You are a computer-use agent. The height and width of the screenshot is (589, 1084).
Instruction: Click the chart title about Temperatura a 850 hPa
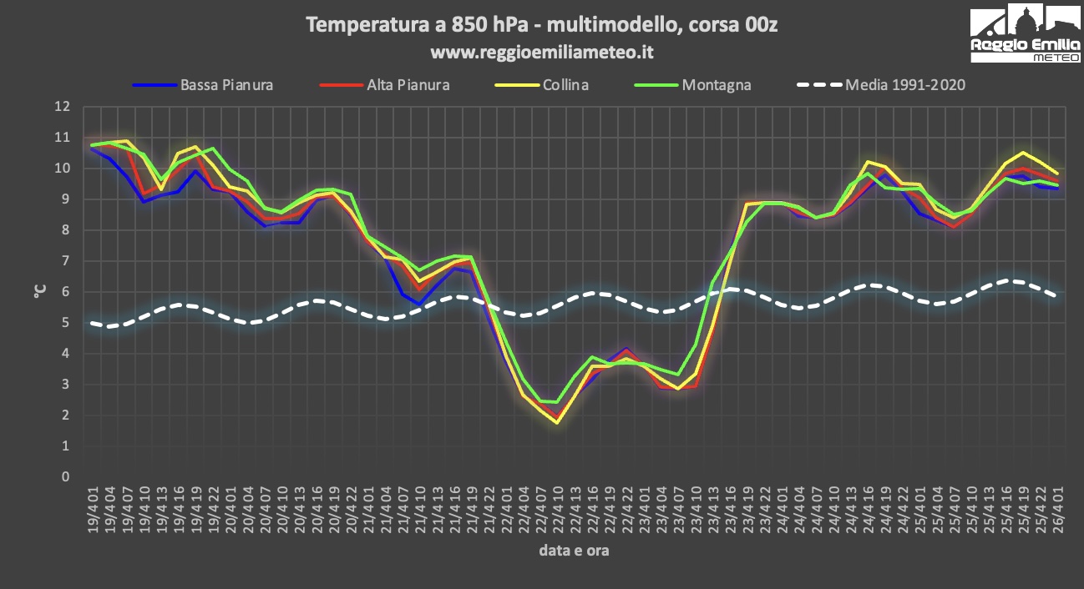(x=542, y=25)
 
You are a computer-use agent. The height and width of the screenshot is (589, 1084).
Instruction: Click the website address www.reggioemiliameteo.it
(x=542, y=52)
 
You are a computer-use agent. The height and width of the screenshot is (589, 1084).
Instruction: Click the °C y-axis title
(x=39, y=292)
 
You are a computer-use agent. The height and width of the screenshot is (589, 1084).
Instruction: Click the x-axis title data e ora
(x=573, y=551)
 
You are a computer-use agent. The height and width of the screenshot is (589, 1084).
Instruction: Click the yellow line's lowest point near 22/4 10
(x=556, y=423)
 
